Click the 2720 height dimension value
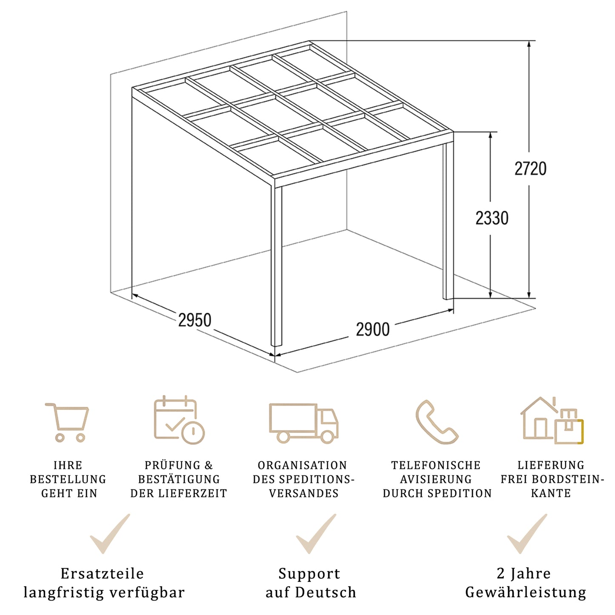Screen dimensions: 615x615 pyautogui.click(x=530, y=169)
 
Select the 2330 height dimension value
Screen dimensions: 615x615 pyautogui.click(x=492, y=218)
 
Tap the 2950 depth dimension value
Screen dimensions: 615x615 pyautogui.click(x=195, y=320)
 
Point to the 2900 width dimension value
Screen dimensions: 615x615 pyautogui.click(x=372, y=329)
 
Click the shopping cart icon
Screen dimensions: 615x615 pyautogui.click(x=68, y=422)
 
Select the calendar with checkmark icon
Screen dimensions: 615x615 pyautogui.click(x=179, y=420)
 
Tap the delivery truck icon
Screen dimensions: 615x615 pyautogui.click(x=303, y=423)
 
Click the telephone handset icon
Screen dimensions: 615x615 pyautogui.click(x=436, y=422)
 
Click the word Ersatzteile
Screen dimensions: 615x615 pyautogui.click(x=102, y=574)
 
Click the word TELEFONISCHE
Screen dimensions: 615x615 pyautogui.click(x=436, y=465)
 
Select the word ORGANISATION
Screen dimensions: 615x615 pyautogui.click(x=302, y=465)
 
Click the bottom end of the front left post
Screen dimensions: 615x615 pyautogui.click(x=276, y=344)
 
